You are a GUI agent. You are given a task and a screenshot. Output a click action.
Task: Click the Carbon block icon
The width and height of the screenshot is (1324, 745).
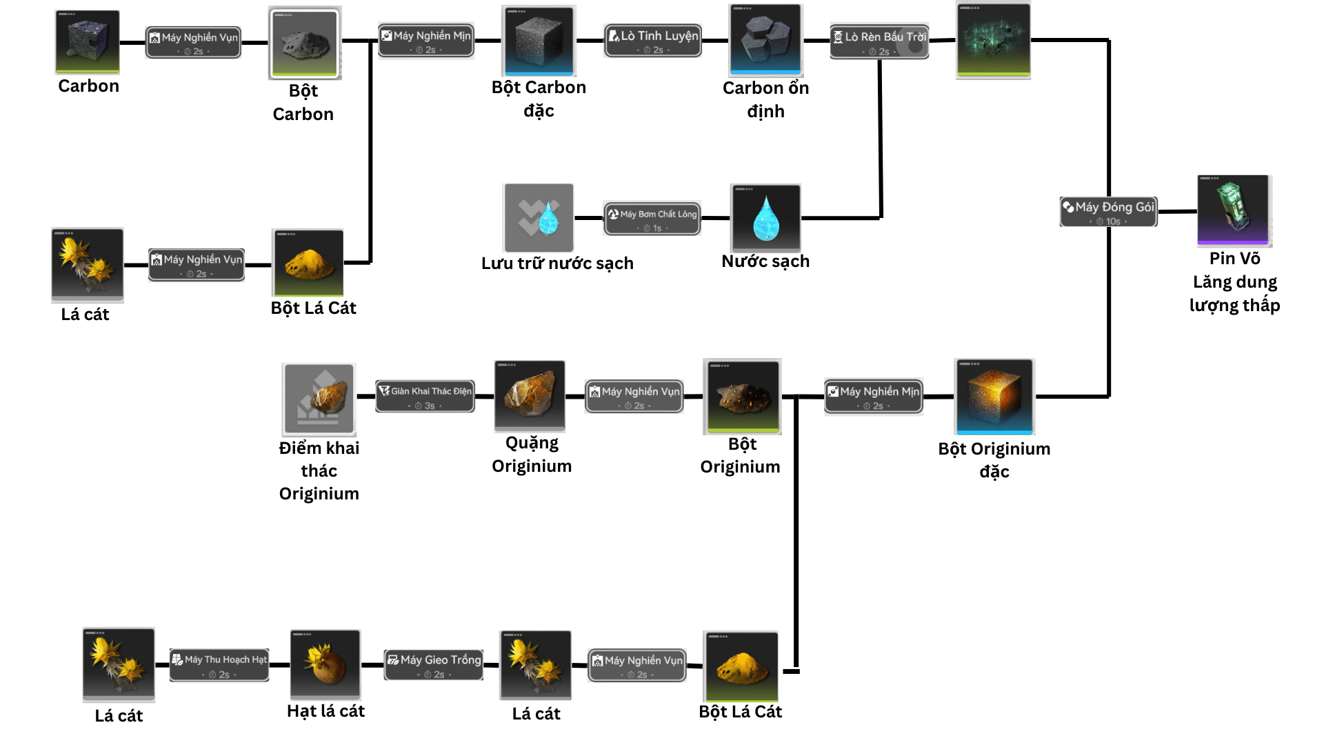point(88,41)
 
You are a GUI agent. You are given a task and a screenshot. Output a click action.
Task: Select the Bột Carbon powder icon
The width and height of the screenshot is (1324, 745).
point(305,43)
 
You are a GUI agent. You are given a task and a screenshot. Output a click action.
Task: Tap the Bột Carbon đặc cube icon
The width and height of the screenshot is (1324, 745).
point(539,41)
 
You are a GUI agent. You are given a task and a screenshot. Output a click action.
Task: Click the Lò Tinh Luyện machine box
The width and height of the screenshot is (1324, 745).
point(652,41)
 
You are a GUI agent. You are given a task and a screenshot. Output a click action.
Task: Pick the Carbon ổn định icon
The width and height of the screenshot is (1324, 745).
point(766,40)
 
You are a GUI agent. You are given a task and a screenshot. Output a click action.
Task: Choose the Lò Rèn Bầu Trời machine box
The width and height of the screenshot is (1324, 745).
point(879,42)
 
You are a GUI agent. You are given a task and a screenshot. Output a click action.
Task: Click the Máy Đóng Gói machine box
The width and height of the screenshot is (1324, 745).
point(1108,212)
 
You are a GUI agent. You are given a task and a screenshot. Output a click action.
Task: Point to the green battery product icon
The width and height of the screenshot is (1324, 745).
point(1234,210)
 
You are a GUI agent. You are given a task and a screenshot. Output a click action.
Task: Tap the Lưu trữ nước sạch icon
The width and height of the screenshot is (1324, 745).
point(539,218)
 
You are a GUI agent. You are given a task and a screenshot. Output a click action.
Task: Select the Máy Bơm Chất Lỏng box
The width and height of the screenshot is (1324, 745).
point(652,219)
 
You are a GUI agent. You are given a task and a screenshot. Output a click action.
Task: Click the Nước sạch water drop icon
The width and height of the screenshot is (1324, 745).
point(766,218)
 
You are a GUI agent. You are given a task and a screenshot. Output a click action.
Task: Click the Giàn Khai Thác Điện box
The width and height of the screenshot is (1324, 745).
point(425,397)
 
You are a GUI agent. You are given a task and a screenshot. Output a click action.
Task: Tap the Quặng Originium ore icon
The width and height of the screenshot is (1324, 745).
point(530,396)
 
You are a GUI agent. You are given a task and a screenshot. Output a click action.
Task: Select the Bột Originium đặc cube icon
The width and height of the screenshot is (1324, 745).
point(994,397)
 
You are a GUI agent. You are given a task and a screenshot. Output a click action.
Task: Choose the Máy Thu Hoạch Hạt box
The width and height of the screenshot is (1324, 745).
point(219,665)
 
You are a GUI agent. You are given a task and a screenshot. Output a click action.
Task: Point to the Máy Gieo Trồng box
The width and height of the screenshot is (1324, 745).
point(434,665)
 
